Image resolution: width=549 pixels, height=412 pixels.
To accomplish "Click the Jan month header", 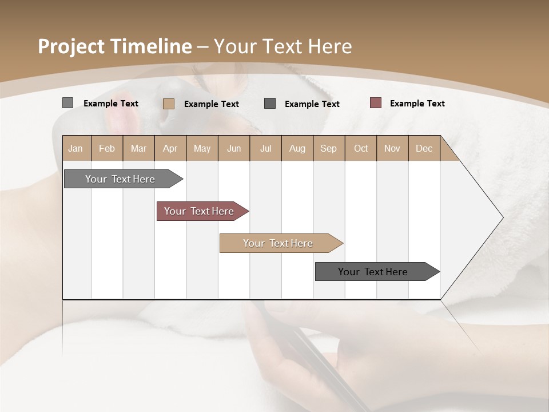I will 75,148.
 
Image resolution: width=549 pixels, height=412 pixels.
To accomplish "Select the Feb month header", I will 107,148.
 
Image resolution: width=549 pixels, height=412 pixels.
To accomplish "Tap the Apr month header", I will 170,148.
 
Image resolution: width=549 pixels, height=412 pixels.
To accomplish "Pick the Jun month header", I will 234,148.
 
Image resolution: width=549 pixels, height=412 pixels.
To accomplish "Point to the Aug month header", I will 297,148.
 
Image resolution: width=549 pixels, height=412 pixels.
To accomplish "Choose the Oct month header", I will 361,148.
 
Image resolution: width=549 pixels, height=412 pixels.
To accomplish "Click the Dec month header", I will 424,148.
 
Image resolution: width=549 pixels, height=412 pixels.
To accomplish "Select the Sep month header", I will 328,148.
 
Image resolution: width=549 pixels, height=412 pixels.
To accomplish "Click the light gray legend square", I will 67,103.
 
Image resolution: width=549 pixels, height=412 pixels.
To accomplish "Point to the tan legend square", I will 169,104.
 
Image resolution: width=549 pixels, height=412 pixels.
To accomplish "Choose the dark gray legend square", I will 270,104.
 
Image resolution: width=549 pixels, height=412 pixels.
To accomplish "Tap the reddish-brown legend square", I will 376,103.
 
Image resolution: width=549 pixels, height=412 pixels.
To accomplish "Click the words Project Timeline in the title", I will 114,46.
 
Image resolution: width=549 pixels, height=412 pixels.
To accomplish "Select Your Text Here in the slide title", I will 283,46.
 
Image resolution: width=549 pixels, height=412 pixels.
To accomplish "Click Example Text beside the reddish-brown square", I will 417,104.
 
